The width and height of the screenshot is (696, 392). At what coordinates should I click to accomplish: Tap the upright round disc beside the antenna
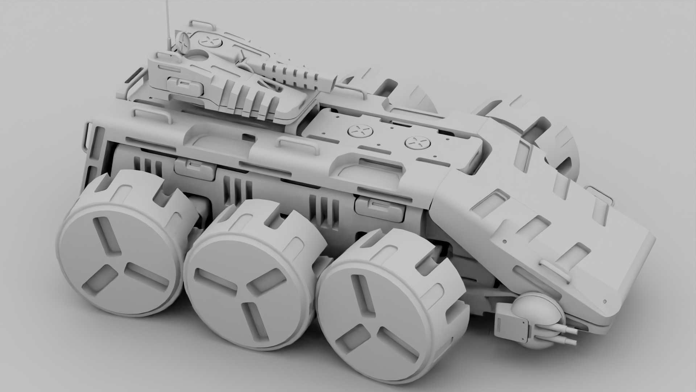click(x=184, y=42)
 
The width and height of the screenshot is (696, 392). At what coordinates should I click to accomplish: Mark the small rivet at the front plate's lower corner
click(x=604, y=301)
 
